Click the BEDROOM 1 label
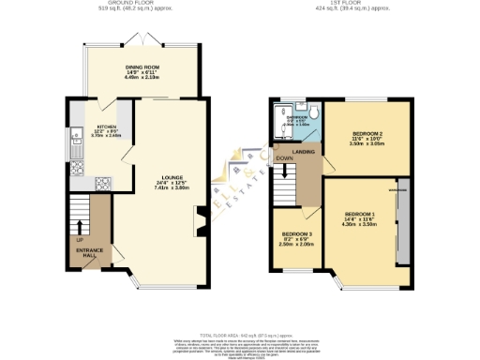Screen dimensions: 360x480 point(360,215)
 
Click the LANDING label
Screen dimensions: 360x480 point(304,153)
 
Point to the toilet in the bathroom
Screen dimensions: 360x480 point(317,113)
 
